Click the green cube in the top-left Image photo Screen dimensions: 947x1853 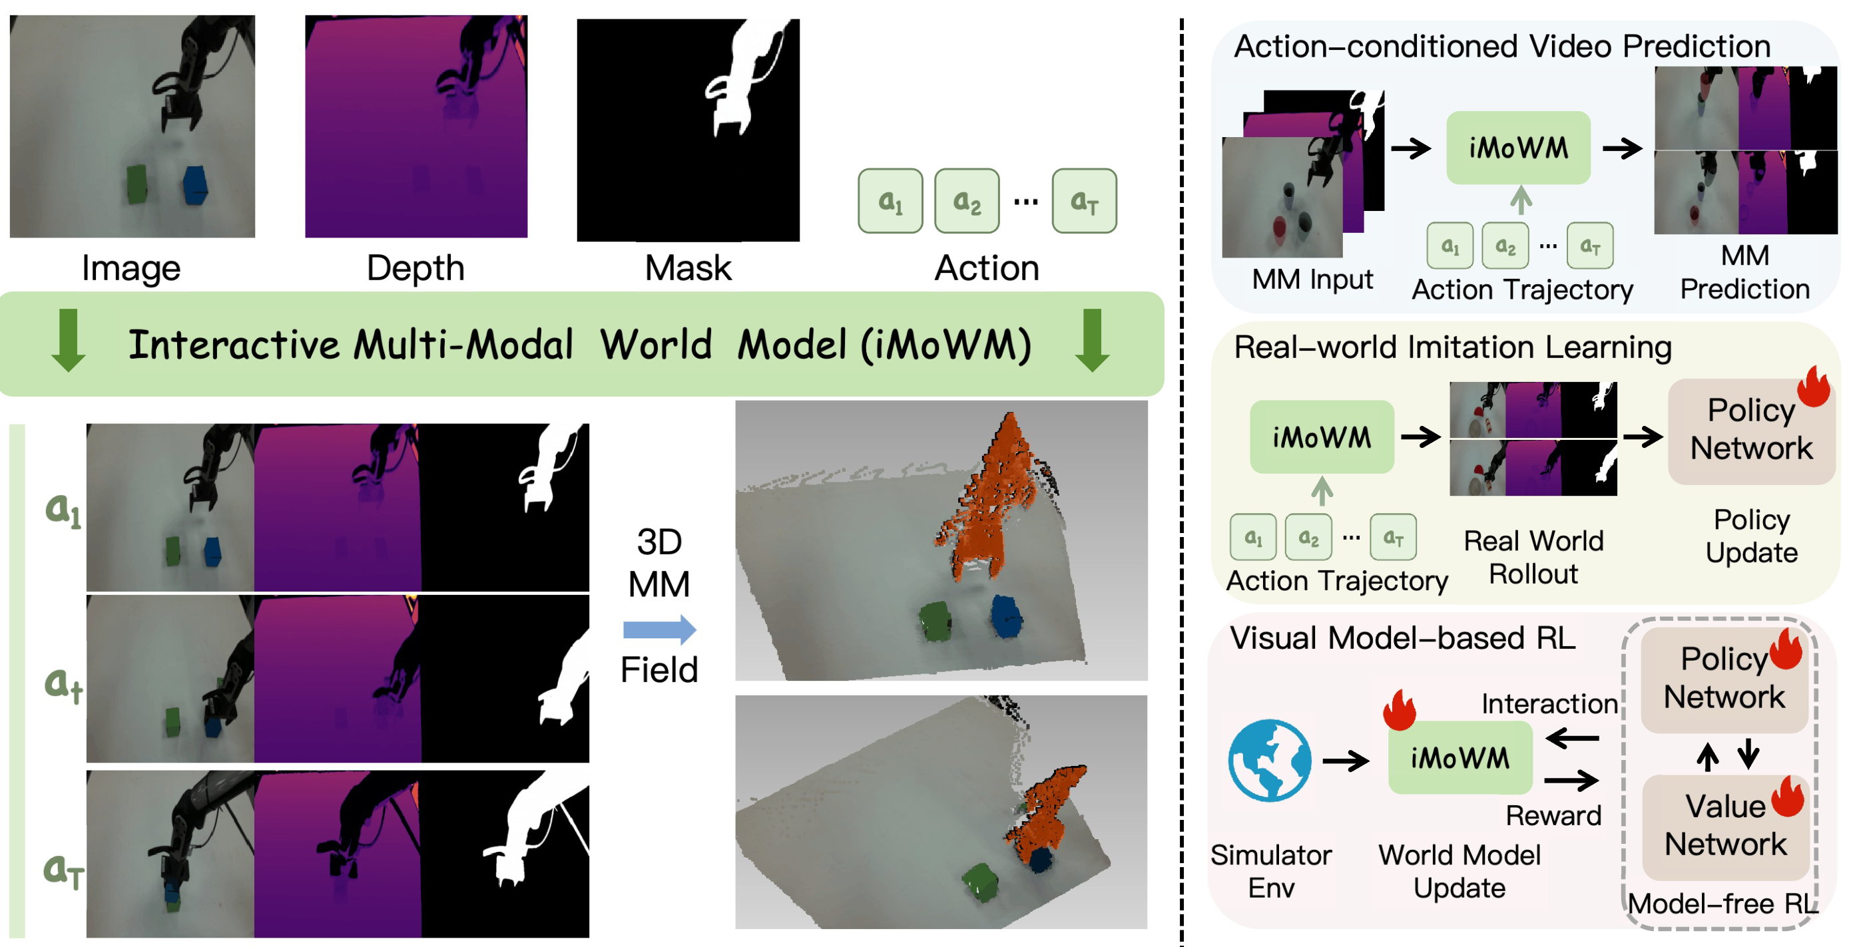pyautogui.click(x=136, y=185)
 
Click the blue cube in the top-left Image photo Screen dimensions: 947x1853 pyautogui.click(x=195, y=185)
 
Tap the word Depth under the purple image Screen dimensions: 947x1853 pyautogui.click(x=415, y=268)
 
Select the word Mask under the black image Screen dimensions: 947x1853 pyautogui.click(x=688, y=268)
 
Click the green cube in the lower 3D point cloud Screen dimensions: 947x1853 pyautogui.click(x=979, y=881)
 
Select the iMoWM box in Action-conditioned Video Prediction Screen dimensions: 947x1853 pyautogui.click(x=1518, y=148)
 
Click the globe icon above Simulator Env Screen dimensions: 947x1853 pyautogui.click(x=1270, y=760)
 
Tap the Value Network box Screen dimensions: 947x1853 pyautogui.click(x=1725, y=826)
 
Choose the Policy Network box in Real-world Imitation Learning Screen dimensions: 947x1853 pyautogui.click(x=1751, y=430)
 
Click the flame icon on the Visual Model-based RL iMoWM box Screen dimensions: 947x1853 pyautogui.click(x=1399, y=711)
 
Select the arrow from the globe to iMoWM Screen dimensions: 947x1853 pyautogui.click(x=1345, y=760)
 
